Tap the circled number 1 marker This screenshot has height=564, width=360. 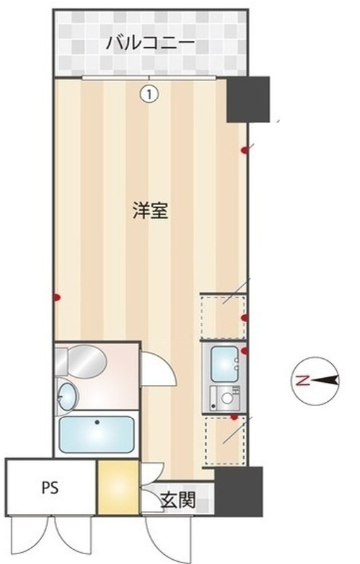[x=149, y=91]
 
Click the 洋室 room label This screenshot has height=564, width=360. [x=150, y=211]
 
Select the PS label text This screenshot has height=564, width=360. [x=49, y=488]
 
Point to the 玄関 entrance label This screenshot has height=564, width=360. [x=178, y=502]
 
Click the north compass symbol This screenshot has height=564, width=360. [x=315, y=381]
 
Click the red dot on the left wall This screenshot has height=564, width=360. [x=56, y=298]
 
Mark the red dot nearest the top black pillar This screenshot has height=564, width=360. [x=244, y=149]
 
